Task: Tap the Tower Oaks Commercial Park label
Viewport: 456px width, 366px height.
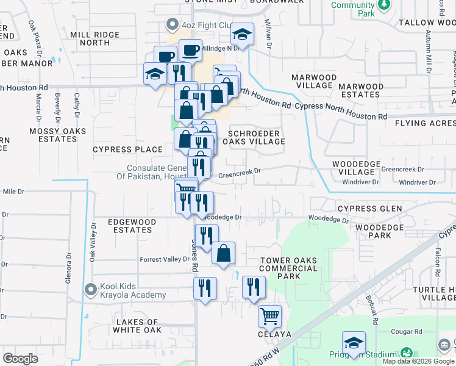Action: click(x=288, y=268)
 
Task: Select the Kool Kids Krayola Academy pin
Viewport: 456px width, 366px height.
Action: click(x=91, y=289)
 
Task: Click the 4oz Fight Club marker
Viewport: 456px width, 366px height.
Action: click(x=172, y=25)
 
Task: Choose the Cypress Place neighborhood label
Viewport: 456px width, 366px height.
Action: click(x=127, y=149)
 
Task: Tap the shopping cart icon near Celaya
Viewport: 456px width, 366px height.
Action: click(x=269, y=316)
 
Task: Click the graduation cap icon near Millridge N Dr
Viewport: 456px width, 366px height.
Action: click(x=243, y=35)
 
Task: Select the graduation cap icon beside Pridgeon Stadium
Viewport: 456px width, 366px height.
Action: click(x=354, y=343)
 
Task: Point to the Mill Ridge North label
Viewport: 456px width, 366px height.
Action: click(x=90, y=39)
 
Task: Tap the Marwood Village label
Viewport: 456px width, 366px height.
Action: click(x=314, y=82)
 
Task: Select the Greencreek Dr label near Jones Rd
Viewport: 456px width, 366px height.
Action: click(x=239, y=173)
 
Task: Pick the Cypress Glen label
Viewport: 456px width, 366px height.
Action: click(x=369, y=209)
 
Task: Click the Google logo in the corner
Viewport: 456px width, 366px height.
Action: click(x=21, y=359)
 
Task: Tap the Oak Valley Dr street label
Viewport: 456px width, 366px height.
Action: click(x=93, y=242)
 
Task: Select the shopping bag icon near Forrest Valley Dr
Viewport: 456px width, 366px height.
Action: click(x=224, y=253)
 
